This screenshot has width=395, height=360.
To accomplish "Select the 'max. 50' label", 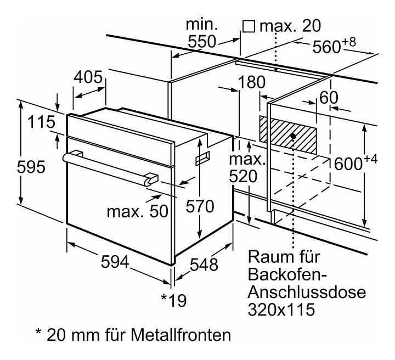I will click(x=137, y=211).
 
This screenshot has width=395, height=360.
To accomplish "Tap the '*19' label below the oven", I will click(x=174, y=300).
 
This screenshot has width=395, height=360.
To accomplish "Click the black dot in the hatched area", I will click(x=294, y=135).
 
